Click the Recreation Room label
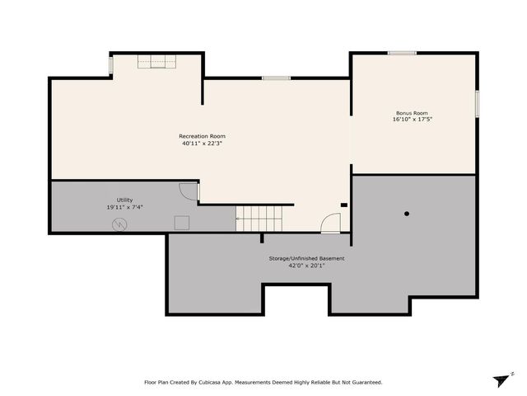pos(202,136)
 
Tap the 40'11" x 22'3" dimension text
pos(202,144)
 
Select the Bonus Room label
pos(412,113)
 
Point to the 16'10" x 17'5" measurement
pos(412,120)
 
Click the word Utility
pos(124,200)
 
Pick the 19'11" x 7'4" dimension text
pos(124,207)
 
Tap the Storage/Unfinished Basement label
pos(306,258)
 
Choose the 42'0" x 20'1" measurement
pos(306,266)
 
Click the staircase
pos(259,219)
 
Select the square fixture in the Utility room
pos(182,222)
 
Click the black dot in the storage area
pos(407,214)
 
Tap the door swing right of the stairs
pos(330,224)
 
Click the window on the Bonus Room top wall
pos(402,53)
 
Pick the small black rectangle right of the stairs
pos(344,205)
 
